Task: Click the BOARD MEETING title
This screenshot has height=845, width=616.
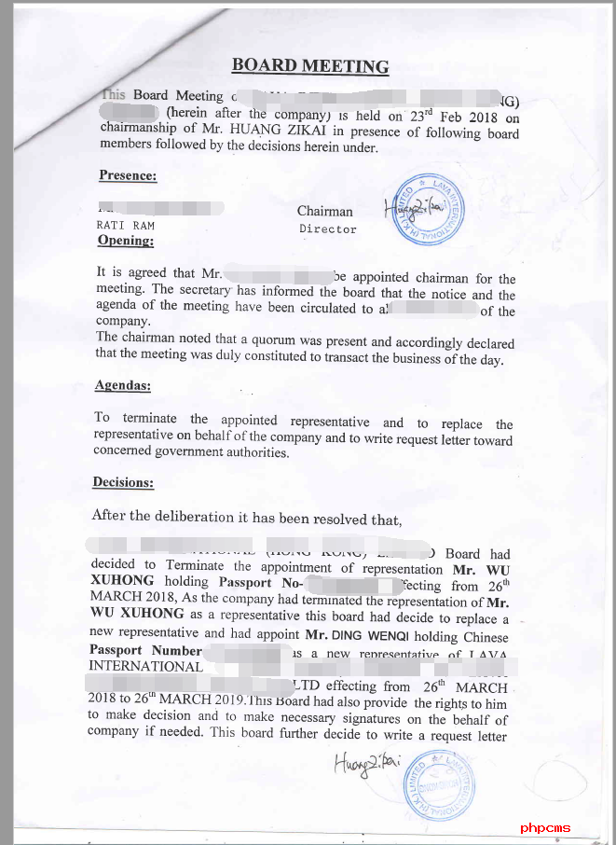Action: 309,65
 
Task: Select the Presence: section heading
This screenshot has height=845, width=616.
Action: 127,174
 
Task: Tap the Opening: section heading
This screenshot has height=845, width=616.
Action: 125,241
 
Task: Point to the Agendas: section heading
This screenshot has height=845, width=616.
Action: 122,385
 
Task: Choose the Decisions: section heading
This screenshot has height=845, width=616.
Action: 122,482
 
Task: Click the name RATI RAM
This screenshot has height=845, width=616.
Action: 125,226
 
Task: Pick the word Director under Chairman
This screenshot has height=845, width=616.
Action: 327,229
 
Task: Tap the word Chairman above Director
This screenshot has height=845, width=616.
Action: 324,212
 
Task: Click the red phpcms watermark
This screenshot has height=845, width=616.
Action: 546,827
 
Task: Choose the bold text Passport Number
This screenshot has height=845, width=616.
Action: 144,650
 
